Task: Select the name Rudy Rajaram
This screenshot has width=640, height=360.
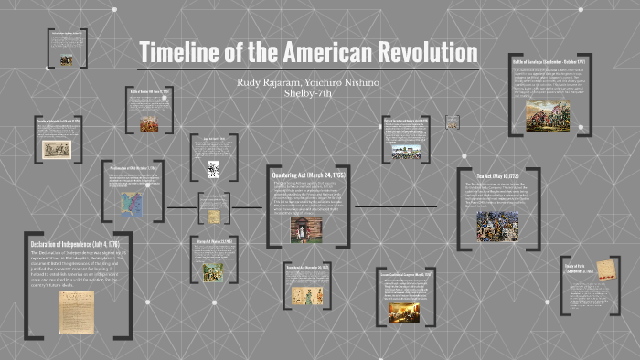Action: click(268, 82)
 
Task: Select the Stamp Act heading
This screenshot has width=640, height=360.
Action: click(212, 241)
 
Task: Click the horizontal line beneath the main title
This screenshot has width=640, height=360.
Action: click(309, 69)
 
